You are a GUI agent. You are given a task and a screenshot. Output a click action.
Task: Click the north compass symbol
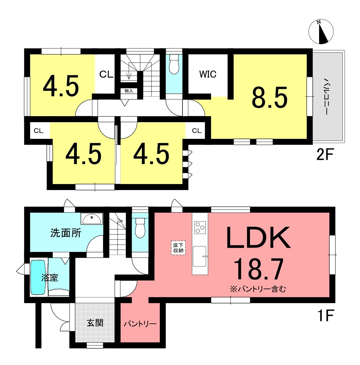tap(321, 32)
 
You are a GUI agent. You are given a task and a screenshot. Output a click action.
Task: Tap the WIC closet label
tap(208, 74)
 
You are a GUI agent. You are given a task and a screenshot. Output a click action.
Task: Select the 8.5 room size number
tap(270, 97)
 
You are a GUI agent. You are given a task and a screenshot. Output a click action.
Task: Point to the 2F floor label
tap(325, 154)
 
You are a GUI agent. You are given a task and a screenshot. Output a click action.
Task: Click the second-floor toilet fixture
tap(174, 64)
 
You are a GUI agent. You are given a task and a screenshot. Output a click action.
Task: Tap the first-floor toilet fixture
tap(140, 228)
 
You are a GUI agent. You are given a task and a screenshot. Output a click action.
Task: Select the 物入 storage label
tap(129, 91)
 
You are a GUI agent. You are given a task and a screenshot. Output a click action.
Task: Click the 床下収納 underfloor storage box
tap(178, 248)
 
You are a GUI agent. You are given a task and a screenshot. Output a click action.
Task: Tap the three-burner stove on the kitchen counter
tap(200, 227)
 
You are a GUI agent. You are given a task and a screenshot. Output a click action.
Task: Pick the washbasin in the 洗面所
tap(92, 219)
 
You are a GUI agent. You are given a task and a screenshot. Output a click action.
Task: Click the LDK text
tap(258, 238)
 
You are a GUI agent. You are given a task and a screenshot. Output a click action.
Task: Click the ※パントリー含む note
tap(258, 289)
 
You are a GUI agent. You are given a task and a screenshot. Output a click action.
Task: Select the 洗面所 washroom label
tap(66, 233)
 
